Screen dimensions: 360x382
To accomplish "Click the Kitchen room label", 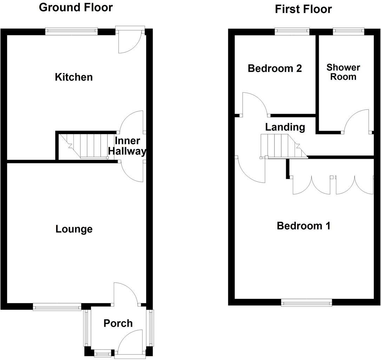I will [74, 77].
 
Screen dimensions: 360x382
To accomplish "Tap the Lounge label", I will [74, 229].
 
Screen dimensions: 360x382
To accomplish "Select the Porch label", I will [118, 323].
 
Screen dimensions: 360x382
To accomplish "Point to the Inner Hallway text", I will [127, 146].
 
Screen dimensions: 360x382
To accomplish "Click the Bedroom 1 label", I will [303, 225].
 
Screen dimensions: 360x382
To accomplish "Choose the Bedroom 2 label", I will [275, 68].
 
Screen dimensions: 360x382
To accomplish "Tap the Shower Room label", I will [343, 72].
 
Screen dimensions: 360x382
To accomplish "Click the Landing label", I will [285, 127].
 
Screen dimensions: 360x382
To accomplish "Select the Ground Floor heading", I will [76, 7].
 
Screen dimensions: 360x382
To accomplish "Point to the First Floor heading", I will [303, 9].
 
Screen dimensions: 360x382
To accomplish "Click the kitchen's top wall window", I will [72, 32].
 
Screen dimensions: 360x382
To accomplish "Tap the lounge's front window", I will [57, 307].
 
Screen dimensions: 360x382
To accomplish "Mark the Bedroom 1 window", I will [307, 302].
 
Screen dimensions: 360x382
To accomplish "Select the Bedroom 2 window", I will [292, 32].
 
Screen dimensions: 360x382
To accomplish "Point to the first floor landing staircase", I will [283, 146].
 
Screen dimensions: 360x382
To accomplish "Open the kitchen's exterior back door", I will [131, 41].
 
